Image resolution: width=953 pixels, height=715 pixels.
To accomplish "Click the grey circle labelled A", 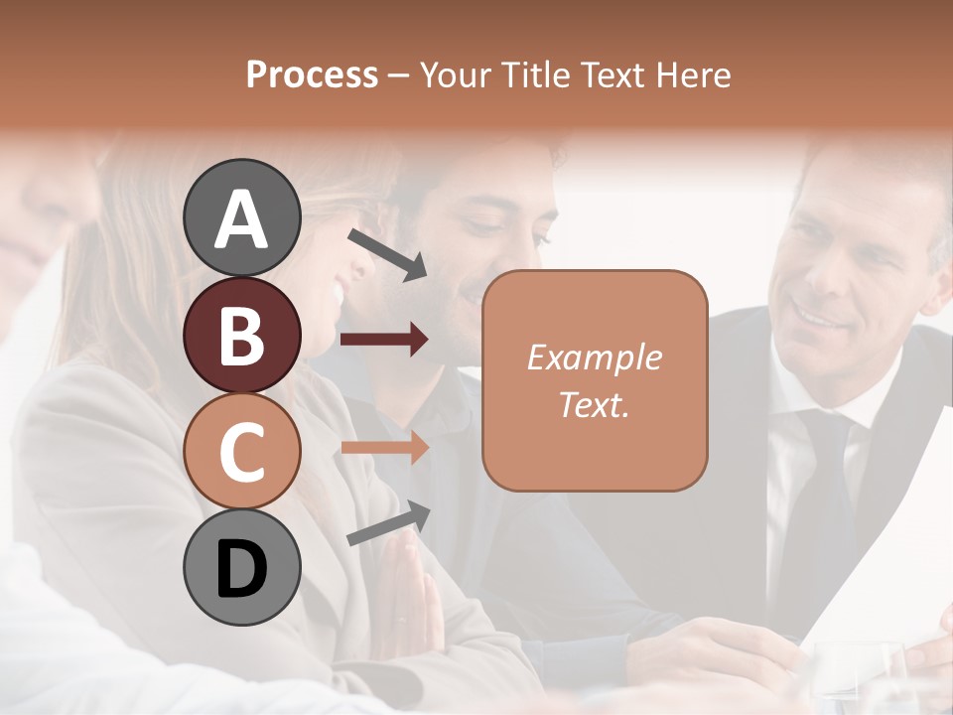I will pyautogui.click(x=242, y=217).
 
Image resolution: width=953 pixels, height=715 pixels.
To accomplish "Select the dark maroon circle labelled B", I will pyautogui.click(x=242, y=335).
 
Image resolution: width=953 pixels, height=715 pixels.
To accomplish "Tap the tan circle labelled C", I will pyautogui.click(x=242, y=452).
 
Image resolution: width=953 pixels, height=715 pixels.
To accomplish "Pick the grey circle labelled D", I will pyautogui.click(x=242, y=568).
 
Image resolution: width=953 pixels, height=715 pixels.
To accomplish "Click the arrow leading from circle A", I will pyautogui.click(x=387, y=254).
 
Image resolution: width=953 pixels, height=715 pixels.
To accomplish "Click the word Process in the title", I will pyautogui.click(x=312, y=74).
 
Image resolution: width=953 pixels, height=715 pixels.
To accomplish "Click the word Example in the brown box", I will pyautogui.click(x=594, y=357).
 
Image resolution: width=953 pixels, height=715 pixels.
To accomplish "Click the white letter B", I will pyautogui.click(x=242, y=336).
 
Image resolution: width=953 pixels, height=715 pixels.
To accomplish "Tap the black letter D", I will pyautogui.click(x=242, y=569).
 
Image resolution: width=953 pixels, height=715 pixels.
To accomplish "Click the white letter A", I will pyautogui.click(x=242, y=218).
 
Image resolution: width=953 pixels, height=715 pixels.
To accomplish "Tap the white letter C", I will pyautogui.click(x=242, y=453).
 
